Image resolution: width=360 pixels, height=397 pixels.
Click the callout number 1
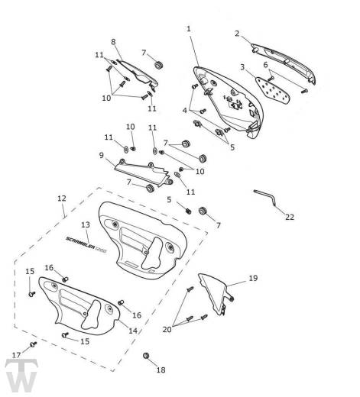point(189,29)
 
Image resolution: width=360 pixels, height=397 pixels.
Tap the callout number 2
point(237,34)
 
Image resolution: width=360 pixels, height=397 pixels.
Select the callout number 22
point(290,217)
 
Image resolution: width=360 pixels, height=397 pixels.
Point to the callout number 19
point(253,278)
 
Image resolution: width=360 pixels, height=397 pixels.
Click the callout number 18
point(161,370)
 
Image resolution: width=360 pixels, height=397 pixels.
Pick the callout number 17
point(17,355)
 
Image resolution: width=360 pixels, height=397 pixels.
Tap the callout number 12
point(62,198)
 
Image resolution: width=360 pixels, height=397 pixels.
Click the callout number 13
point(86,224)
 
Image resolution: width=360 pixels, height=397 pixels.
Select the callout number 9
point(102,155)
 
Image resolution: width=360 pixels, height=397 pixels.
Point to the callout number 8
point(113,42)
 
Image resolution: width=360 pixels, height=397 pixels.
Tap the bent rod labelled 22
point(265,197)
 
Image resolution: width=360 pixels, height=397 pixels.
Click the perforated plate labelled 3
point(273,90)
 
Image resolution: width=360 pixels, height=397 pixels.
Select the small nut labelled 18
point(146,356)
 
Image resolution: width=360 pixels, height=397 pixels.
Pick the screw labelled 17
point(34,344)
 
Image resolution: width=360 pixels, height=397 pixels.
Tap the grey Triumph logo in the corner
point(21,376)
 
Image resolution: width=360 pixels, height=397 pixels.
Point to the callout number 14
point(133,331)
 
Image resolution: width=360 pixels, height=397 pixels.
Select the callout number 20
point(167,330)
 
